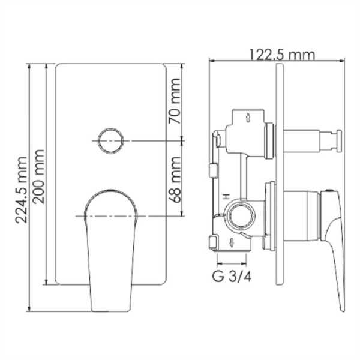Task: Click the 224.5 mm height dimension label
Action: point(20,189)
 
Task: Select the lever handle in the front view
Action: point(111,240)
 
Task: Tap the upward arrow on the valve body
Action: point(247,118)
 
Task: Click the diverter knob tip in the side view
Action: point(338,142)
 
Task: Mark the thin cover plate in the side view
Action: point(278,180)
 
